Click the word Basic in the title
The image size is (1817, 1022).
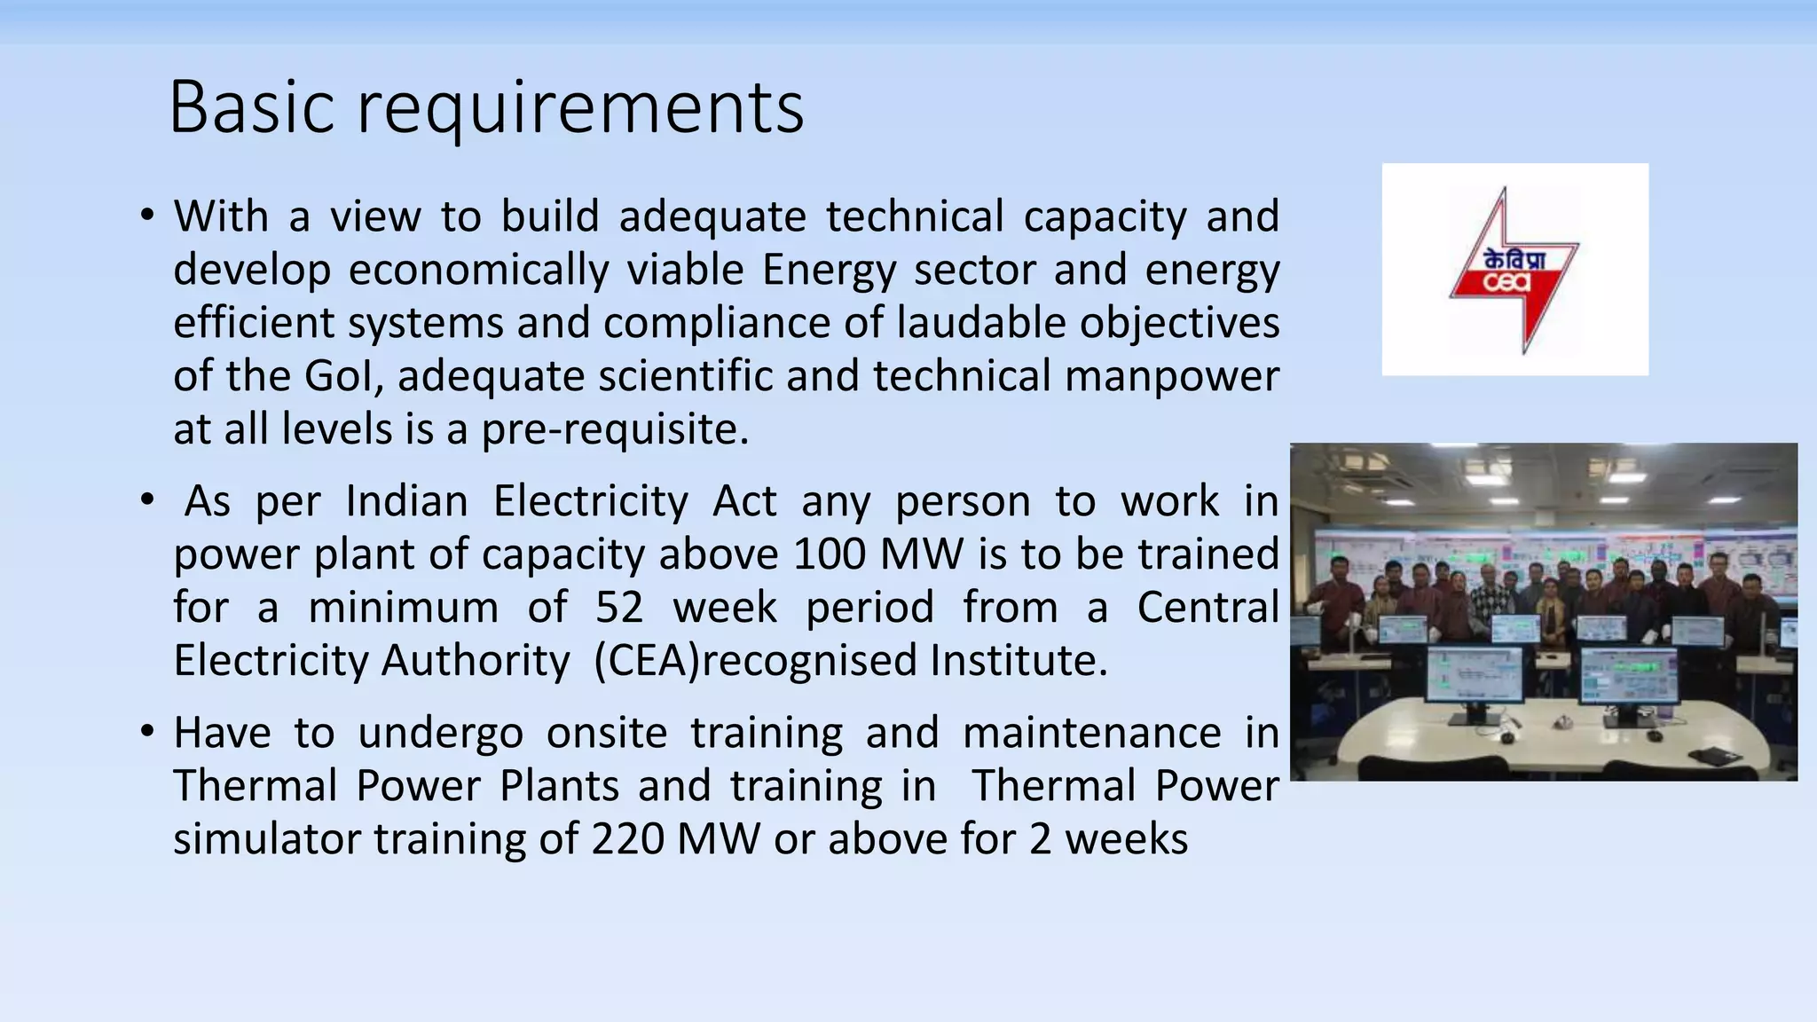pos(251,107)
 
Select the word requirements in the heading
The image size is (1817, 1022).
pos(580,109)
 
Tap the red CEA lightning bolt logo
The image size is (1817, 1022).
pos(1514,270)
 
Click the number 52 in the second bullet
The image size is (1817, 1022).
pos(619,608)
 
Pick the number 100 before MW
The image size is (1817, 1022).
pos(830,554)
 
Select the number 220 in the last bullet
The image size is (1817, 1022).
pos(627,839)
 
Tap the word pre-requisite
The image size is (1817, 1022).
pos(615,429)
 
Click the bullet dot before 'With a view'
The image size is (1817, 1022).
pos(147,216)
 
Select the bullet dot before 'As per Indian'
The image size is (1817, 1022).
pos(147,500)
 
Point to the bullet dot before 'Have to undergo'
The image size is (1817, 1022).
pos(147,732)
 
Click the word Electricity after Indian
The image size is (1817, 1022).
pos(591,501)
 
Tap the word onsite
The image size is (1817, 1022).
pos(606,733)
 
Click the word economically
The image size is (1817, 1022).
pos(478,270)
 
